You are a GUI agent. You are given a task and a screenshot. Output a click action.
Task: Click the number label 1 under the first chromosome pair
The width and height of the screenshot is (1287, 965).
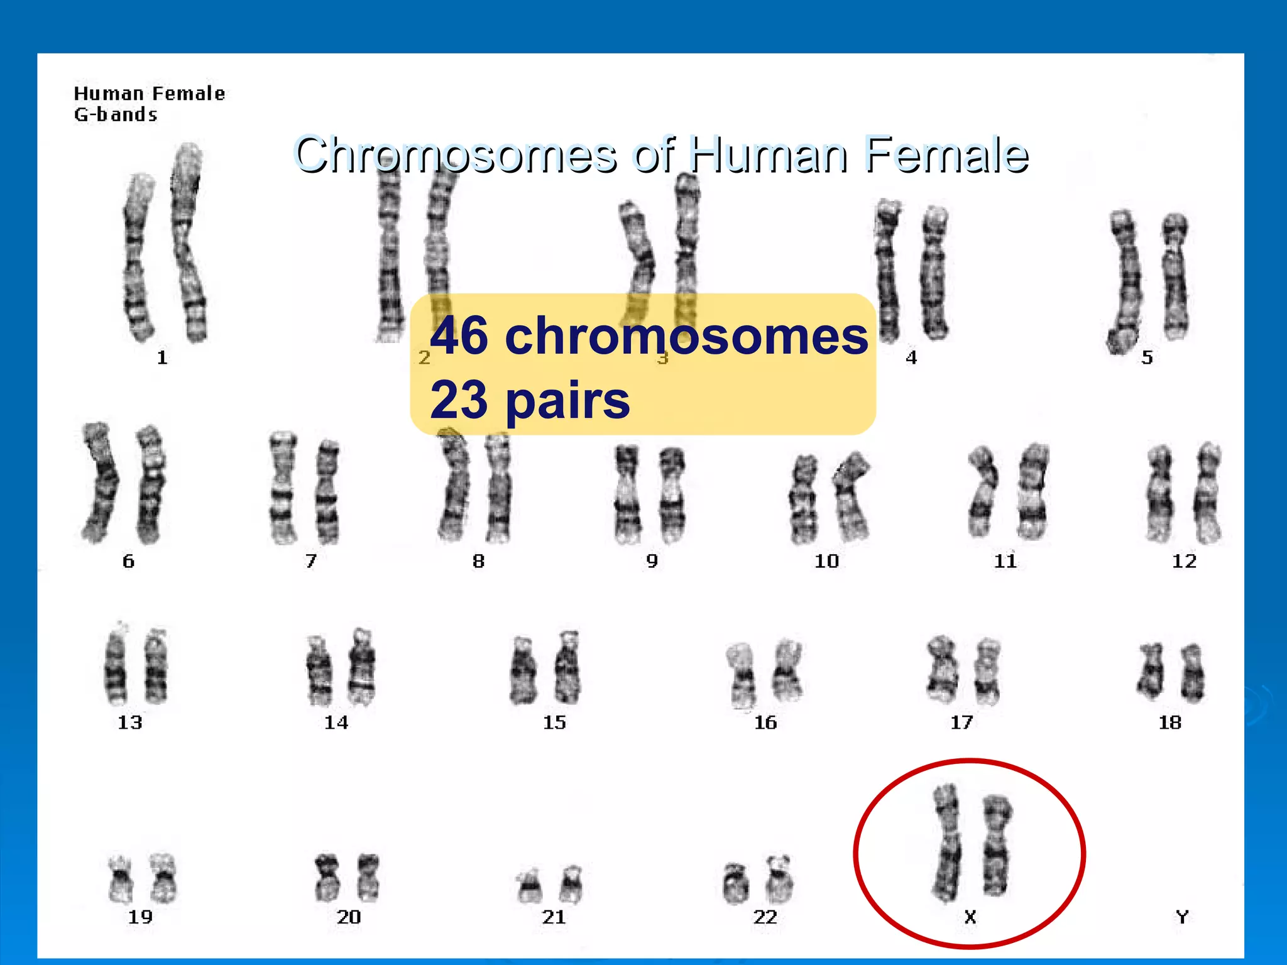click(162, 357)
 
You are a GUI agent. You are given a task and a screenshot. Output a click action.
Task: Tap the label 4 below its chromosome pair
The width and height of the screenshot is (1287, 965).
click(911, 357)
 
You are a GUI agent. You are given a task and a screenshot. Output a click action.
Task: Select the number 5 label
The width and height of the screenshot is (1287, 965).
click(1147, 357)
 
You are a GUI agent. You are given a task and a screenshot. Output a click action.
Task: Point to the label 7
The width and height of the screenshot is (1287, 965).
click(311, 560)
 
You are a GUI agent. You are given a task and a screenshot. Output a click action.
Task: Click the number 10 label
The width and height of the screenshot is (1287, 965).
click(826, 560)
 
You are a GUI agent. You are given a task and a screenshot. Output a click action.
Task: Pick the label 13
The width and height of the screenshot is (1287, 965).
click(130, 722)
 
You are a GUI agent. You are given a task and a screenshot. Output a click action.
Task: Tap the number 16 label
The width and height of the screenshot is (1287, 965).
click(765, 722)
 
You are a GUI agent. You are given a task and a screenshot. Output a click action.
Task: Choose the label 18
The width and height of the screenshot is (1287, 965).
click(1169, 722)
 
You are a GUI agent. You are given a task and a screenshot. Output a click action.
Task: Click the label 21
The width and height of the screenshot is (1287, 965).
click(554, 917)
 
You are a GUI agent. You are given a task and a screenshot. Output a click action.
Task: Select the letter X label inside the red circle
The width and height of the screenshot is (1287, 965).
click(970, 917)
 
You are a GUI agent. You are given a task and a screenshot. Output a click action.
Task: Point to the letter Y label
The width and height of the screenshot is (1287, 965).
click(1182, 917)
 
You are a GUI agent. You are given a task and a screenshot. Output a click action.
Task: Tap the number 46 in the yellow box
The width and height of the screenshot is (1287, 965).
click(459, 335)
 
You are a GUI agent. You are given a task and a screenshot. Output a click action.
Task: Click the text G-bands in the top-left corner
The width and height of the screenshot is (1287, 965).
click(116, 114)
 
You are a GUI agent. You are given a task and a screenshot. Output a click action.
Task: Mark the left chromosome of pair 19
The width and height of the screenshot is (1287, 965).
click(119, 878)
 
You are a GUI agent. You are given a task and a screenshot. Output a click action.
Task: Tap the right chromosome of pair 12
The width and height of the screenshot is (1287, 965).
click(1208, 493)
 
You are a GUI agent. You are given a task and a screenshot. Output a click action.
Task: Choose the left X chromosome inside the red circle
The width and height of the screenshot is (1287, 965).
click(947, 842)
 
